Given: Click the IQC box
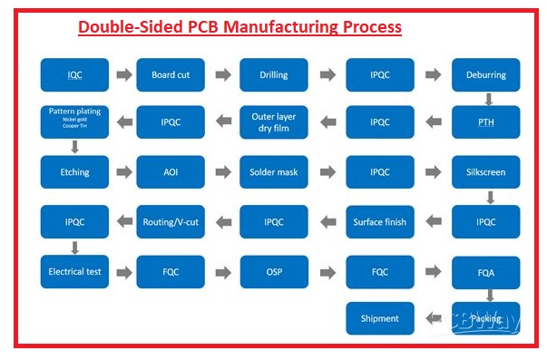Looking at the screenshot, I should point(74,74).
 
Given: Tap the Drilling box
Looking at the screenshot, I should point(274,74).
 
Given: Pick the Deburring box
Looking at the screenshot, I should point(486,74).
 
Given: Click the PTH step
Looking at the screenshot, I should point(486,122).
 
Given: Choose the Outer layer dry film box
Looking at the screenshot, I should point(274,122).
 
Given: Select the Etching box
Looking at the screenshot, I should point(74,171).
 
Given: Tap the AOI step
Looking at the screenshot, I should point(171,171).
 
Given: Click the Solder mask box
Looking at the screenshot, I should point(274,171).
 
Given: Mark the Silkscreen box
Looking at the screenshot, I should point(486,171).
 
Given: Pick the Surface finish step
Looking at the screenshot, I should point(380,221).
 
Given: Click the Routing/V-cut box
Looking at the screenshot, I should point(171,221).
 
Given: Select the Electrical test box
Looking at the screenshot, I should point(74,271).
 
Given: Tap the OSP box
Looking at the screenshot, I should point(274,271).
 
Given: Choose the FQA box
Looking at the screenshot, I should point(486,271).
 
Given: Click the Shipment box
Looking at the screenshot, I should point(380,318).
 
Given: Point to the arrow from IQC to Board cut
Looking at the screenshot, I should point(122,74).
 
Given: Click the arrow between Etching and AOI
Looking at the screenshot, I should point(122,171).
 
